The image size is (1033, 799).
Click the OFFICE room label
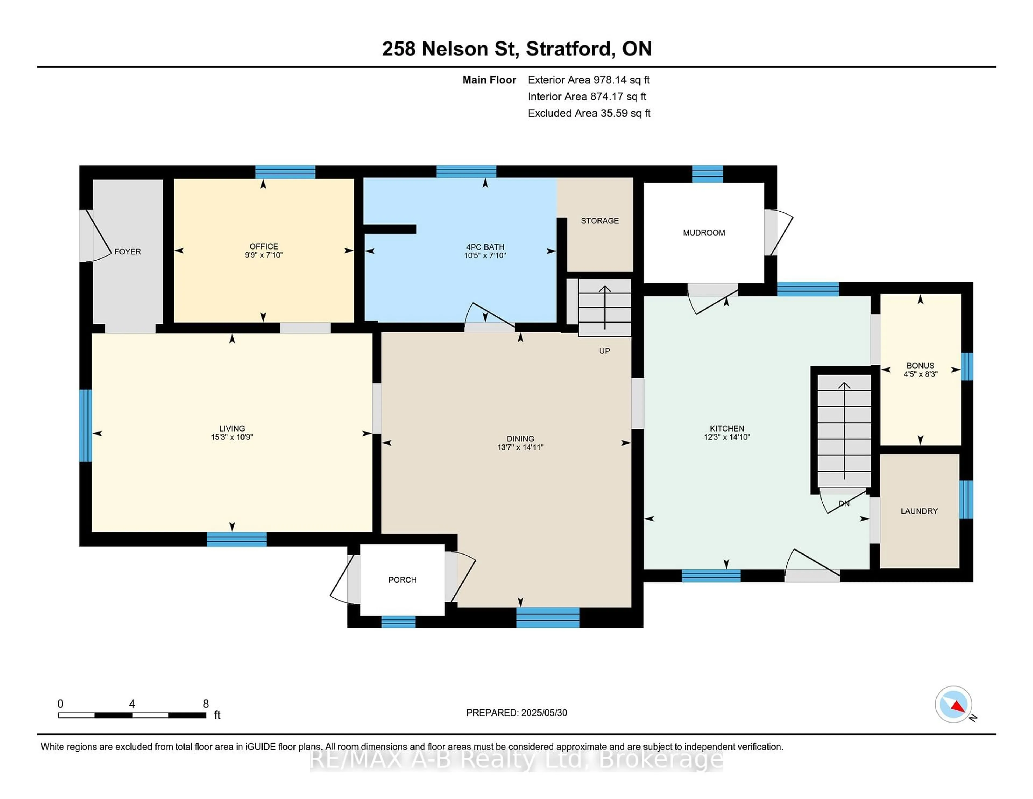264,246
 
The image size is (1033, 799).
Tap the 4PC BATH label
485,247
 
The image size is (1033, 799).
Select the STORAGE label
600,220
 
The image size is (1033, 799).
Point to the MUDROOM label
704,232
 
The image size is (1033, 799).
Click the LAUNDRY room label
919,511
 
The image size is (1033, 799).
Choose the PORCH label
402,579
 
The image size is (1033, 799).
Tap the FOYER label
128,251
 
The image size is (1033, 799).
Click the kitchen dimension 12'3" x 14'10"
727,437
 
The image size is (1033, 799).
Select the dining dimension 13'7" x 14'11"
520,447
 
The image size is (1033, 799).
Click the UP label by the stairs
604,351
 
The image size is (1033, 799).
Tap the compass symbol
954,704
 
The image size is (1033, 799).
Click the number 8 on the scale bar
206,704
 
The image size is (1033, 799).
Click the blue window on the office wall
285,171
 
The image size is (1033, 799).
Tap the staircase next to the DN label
844,431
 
